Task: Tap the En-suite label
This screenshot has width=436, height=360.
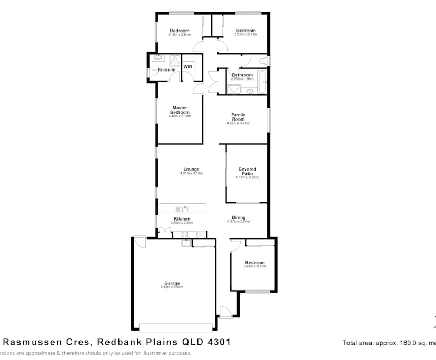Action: pyautogui.click(x=166, y=69)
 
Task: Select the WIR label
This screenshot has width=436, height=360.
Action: pyautogui.click(x=187, y=67)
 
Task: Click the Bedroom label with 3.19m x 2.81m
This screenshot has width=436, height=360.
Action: pyautogui.click(x=179, y=31)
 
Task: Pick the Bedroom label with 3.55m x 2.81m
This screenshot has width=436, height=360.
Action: pyautogui.click(x=245, y=31)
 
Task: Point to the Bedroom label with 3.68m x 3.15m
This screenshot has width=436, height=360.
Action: pyautogui.click(x=255, y=262)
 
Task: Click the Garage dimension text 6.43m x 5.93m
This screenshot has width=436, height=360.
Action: pyautogui.click(x=172, y=287)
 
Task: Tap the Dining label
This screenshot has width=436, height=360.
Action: pyautogui.click(x=238, y=217)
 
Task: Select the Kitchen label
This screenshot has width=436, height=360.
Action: pyautogui.click(x=182, y=218)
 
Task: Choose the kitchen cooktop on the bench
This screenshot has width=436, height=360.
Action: pyautogui.click(x=184, y=234)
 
